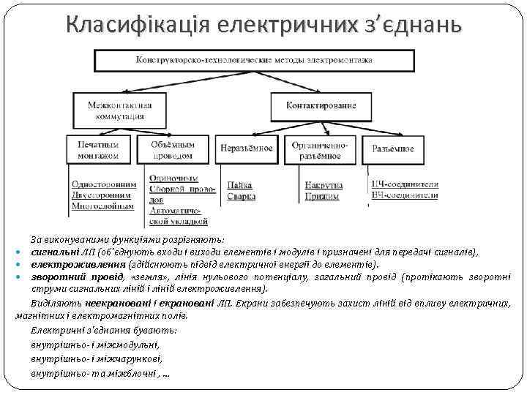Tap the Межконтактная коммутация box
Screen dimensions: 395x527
tap(116, 110)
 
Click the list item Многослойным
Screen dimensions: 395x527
tap(102, 206)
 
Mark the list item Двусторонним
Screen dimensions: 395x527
tap(102, 195)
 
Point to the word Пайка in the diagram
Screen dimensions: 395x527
tap(239, 185)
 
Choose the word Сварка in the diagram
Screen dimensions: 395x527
tap(242, 196)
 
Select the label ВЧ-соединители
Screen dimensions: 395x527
tap(405, 195)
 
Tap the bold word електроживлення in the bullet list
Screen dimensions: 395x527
tap(78, 265)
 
